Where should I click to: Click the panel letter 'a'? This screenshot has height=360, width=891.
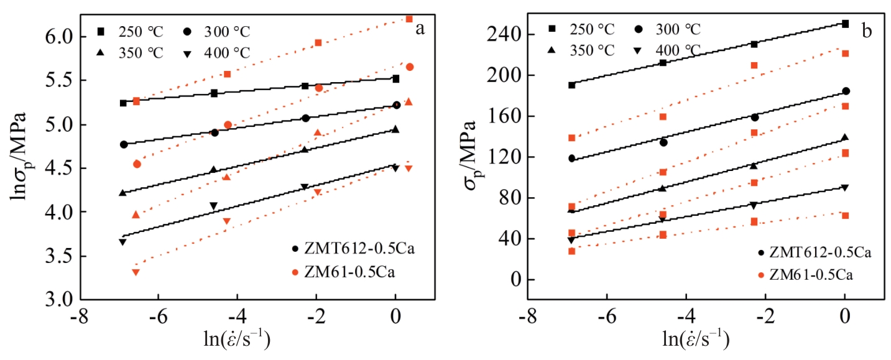click(420, 29)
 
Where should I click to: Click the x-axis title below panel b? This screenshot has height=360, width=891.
click(685, 341)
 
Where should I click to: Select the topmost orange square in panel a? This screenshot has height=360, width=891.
click(409, 19)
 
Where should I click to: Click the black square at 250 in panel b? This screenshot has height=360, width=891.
click(845, 24)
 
